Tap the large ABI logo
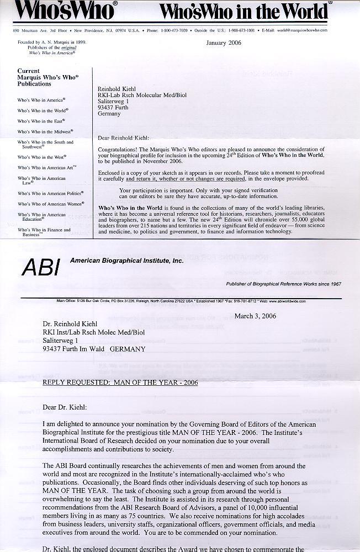pyautogui.click(x=40, y=268)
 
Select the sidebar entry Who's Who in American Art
pyautogui.click(x=47, y=167)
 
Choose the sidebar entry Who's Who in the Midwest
pyautogui.click(x=45, y=132)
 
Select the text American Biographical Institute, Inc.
pyautogui.click(x=126, y=260)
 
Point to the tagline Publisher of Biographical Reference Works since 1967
pyautogui.click(x=283, y=284)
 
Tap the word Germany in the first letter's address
pyautogui.click(x=109, y=114)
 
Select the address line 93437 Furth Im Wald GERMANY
pyautogui.click(x=94, y=349)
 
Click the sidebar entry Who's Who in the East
pyautogui.click(x=41, y=121)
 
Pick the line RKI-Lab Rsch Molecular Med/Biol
pyautogui.click(x=142, y=95)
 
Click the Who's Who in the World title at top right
pyautogui.click(x=242, y=11)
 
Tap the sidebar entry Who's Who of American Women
pyautogui.click(x=50, y=204)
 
